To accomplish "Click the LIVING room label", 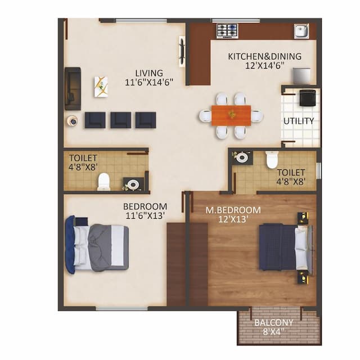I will click(148, 73).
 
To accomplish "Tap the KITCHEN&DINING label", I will click(264, 56).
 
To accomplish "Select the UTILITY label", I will click(299, 121).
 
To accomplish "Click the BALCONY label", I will click(273, 322).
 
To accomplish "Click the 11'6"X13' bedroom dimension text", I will click(145, 215).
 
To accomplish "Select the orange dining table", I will click(231, 115).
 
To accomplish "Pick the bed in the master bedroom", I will click(284, 246).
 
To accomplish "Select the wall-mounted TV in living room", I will click(182, 51).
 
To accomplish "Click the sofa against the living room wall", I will click(72, 88).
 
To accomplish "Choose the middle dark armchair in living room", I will click(120, 119).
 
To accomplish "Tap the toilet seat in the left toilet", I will click(103, 181).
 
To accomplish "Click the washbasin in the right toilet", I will click(242, 157).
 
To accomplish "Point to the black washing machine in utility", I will click(307, 98).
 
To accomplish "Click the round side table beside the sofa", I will click(73, 120).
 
